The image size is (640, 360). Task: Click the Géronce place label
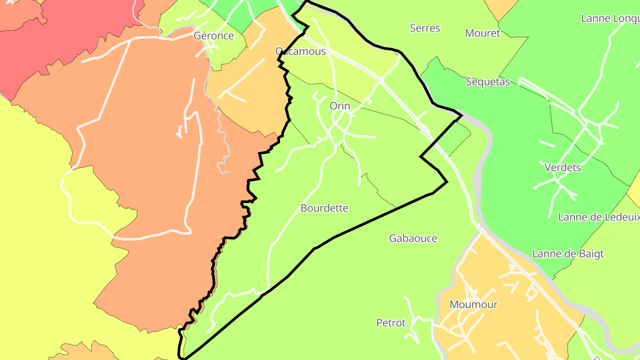(214, 36)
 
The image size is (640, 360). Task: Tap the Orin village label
(340, 106)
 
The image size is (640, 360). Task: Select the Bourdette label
(324, 208)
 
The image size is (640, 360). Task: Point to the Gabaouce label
(413, 239)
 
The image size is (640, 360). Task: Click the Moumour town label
(473, 305)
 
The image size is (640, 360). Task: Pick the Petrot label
(391, 323)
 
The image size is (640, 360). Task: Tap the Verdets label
(563, 168)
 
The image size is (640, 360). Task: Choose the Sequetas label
(488, 82)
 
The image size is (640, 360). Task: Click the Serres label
(425, 28)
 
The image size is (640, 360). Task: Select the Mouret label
(482, 33)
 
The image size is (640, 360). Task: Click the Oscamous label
(301, 52)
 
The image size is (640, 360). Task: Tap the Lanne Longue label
(610, 19)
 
